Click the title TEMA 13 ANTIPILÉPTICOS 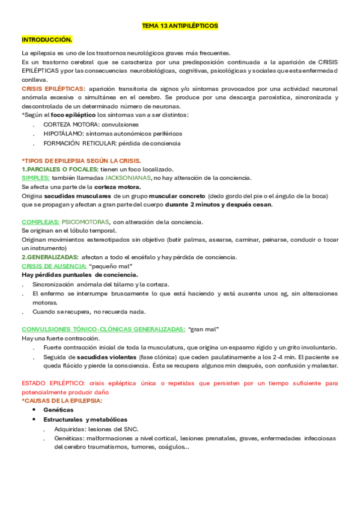180,26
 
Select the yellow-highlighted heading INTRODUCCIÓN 46,40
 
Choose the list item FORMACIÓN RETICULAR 79,143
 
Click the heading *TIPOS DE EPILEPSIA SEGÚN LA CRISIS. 81,161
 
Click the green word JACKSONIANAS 127,178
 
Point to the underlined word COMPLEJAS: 40,222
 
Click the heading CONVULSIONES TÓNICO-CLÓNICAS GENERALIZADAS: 103,330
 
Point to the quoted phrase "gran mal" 204,330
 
